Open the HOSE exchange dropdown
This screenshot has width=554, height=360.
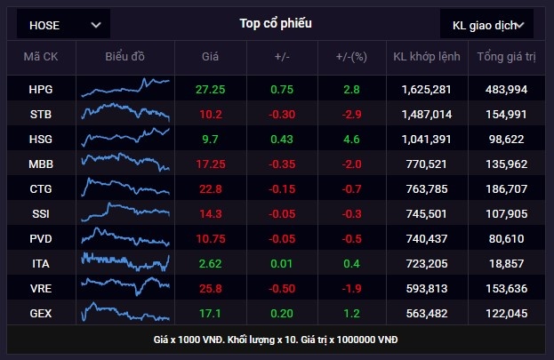[64, 25]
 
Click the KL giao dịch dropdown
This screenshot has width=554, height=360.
[487, 25]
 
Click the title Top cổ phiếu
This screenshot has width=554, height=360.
[276, 23]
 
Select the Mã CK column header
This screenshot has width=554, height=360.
[41, 57]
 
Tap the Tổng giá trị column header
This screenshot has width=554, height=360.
[506, 57]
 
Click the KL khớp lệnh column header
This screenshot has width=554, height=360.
[425, 57]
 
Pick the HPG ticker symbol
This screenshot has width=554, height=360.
[41, 89]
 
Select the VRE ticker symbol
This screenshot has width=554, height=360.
[41, 288]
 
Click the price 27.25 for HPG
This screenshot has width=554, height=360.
[211, 89]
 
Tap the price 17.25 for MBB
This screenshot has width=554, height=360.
[211, 164]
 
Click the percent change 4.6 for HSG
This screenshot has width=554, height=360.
[352, 139]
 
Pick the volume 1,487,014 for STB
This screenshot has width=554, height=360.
[426, 114]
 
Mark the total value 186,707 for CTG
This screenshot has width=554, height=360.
[506, 188]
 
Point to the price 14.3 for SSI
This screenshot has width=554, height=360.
[211, 213]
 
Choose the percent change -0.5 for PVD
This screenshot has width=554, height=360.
[352, 238]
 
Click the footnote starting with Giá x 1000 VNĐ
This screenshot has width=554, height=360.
[276, 340]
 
